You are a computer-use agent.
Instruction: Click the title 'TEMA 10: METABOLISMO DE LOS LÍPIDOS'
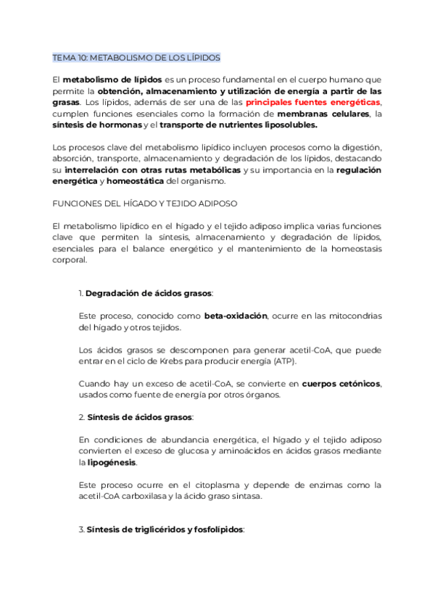pos(136,57)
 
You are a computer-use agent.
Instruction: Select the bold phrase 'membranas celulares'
pos(323,114)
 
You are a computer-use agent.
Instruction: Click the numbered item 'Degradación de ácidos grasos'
pos(149,293)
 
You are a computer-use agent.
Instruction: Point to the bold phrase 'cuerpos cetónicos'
pos(341,383)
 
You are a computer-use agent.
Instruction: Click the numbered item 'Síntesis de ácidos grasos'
pos(139,418)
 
